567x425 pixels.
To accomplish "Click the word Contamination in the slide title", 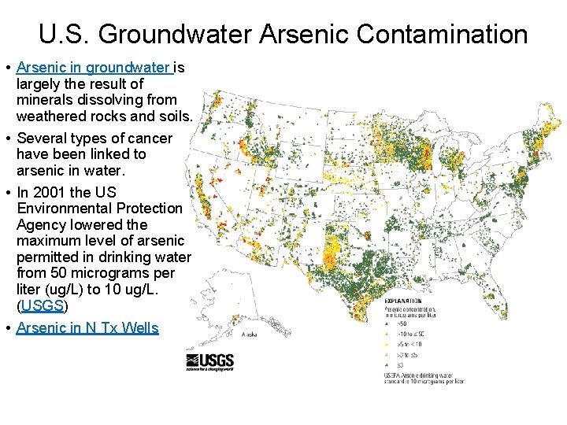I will [x=442, y=35].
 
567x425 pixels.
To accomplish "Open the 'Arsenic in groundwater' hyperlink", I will [x=93, y=68].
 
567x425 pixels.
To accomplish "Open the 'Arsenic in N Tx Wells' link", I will [x=87, y=328].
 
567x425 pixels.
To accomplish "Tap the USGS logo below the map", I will [x=209, y=361].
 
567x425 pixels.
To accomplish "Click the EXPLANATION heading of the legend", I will [x=403, y=301].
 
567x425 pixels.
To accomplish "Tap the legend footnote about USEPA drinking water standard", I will [x=423, y=377].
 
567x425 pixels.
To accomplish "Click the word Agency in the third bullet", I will [x=42, y=224].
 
